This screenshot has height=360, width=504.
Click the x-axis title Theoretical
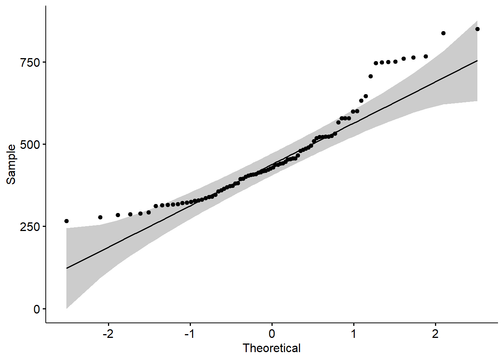(x=271, y=348)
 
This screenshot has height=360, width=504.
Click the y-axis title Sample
(x=11, y=164)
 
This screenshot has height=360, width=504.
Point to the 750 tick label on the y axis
(x=30, y=62)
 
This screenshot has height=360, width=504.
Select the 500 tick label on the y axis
(x=30, y=144)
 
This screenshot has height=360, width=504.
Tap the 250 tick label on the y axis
(x=30, y=226)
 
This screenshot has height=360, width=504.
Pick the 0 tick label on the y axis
(x=36, y=309)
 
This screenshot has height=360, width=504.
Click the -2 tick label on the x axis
(x=108, y=333)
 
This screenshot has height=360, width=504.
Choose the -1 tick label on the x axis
(x=190, y=333)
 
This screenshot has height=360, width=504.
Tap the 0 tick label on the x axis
(x=272, y=333)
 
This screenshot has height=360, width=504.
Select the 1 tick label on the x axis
(x=354, y=333)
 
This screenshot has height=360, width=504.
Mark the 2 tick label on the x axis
(x=435, y=333)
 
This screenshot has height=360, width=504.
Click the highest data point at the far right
(x=477, y=29)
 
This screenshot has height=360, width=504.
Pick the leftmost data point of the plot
(x=66, y=221)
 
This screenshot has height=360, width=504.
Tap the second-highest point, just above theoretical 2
(x=443, y=33)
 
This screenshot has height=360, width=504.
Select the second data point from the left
(x=100, y=217)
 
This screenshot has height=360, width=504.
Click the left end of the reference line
(x=66, y=268)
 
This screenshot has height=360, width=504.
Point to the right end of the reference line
(x=477, y=60)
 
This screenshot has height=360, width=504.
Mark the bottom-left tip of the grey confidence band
(x=66, y=308)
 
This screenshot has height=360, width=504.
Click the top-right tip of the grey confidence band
(x=477, y=21)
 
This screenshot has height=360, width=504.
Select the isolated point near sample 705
(x=370, y=76)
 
